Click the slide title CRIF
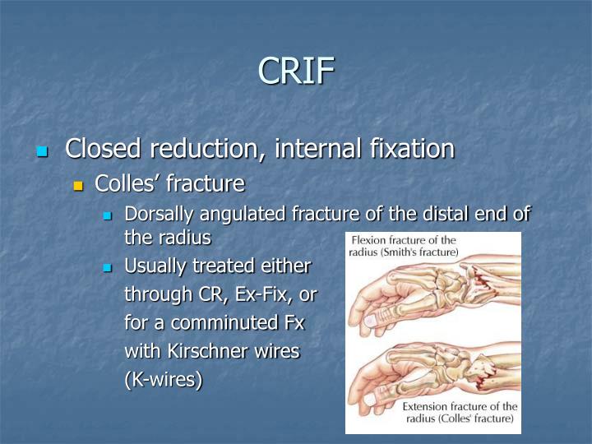(x=296, y=71)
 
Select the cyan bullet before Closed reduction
(x=43, y=151)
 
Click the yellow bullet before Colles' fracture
(x=79, y=184)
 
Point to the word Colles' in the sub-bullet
(x=127, y=183)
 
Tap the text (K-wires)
(x=163, y=380)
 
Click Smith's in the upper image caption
(x=409, y=252)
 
